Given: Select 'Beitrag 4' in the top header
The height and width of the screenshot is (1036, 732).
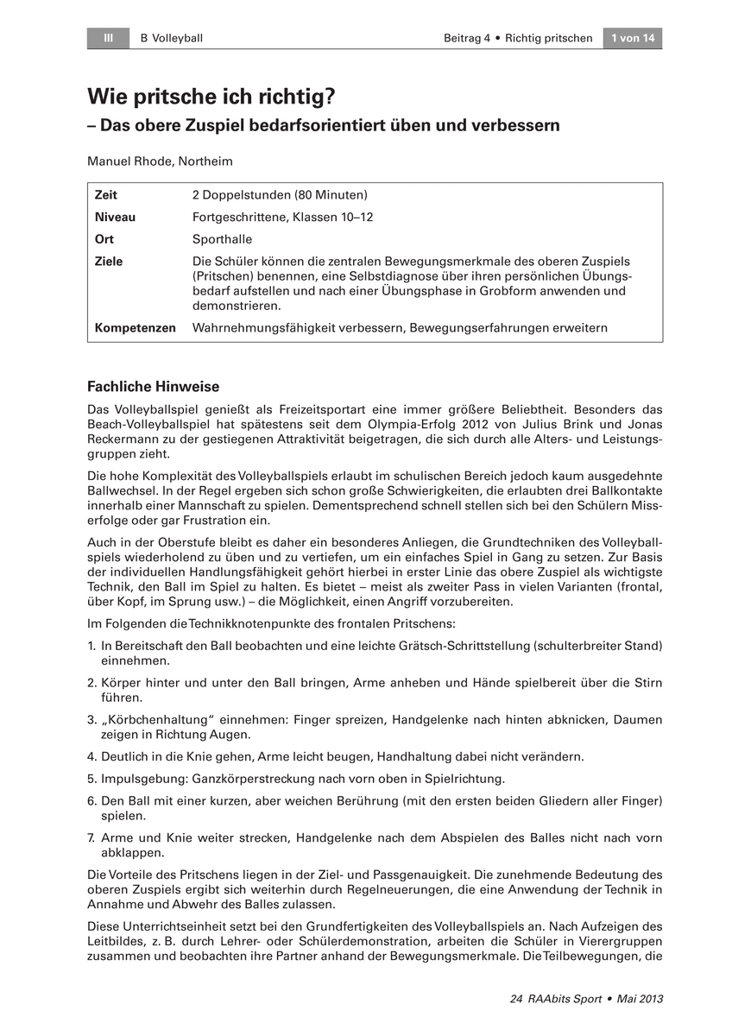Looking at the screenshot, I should coord(467,38).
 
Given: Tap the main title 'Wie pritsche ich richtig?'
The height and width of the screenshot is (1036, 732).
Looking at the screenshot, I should coord(211,98).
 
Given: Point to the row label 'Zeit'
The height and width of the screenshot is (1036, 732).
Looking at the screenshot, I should coord(106,195).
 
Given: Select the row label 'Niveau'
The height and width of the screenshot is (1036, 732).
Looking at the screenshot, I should coord(115,218).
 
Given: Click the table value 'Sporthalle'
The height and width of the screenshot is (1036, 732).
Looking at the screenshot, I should coord(223,239).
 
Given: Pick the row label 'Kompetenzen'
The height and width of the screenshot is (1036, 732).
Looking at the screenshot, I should coord(135,328).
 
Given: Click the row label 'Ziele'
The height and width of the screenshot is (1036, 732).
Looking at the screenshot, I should coord(109,262).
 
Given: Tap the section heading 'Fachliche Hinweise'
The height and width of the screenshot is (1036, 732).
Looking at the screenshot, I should coord(154,387).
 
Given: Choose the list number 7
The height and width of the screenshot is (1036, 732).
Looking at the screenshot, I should coord(91,838).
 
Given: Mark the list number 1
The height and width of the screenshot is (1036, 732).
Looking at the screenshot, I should coord(91,646).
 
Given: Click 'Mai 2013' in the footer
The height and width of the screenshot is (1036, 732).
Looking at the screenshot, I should coord(640,999).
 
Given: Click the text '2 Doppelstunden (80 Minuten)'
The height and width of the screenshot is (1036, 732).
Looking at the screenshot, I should coord(281,195).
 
